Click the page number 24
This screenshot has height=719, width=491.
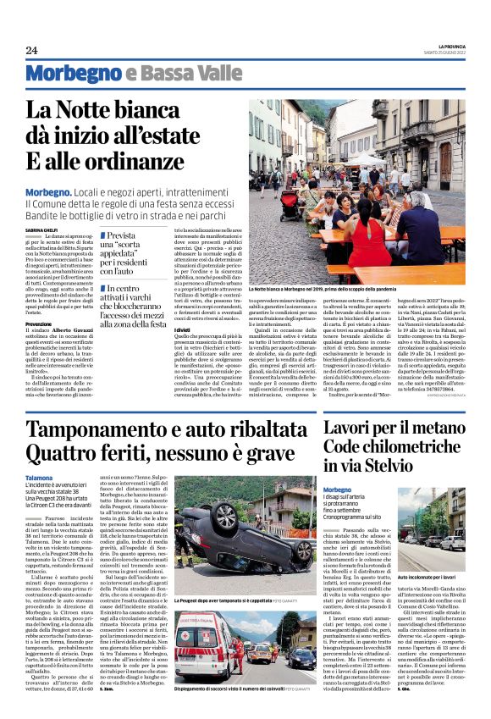point(31,50)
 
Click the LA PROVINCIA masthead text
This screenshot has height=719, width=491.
point(444,46)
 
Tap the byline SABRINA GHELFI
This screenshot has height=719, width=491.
point(41,229)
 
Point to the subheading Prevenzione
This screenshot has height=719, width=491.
point(39,324)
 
